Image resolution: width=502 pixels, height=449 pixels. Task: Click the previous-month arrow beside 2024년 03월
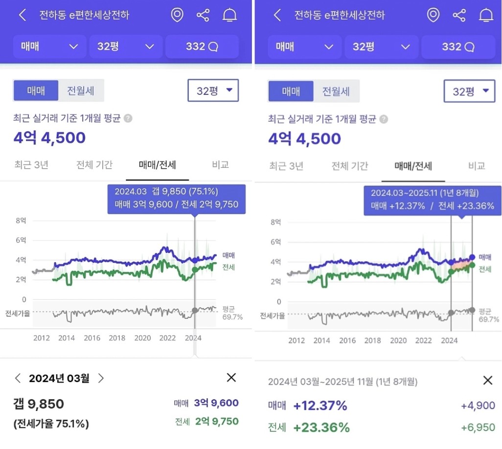click(18, 378)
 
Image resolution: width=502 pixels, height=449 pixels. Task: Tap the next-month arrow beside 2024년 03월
click(101, 378)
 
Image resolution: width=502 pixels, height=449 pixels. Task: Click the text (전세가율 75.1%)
click(51, 424)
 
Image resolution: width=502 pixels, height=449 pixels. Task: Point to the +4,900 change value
click(478, 405)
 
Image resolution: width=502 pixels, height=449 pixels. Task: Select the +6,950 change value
click(478, 427)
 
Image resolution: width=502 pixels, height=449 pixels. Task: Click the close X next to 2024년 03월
click(231, 378)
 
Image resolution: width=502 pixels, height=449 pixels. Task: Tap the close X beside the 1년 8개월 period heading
click(487, 381)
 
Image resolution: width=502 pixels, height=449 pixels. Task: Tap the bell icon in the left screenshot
click(229, 15)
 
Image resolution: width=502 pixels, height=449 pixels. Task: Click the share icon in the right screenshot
click(459, 15)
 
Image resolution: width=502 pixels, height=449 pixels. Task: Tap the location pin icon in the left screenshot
click(177, 15)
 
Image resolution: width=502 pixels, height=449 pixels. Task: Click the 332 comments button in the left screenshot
click(202, 46)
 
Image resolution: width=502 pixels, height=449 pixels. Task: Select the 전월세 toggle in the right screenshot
click(336, 91)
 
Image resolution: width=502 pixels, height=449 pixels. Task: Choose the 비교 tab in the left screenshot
click(220, 165)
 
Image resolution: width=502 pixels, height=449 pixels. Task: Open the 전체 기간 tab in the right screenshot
click(350, 166)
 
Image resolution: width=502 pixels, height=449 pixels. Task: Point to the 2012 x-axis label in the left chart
click(41, 338)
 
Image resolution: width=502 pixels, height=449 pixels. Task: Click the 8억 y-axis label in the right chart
click(275, 223)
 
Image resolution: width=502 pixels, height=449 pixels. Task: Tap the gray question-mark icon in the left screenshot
click(128, 118)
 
